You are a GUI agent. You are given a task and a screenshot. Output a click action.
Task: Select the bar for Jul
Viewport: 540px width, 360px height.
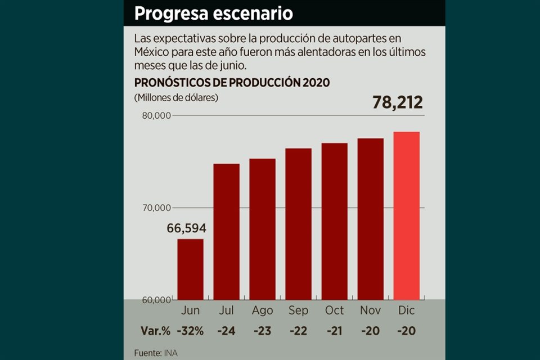point(226,231)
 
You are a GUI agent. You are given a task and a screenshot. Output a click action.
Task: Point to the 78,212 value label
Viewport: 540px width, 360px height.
point(397,103)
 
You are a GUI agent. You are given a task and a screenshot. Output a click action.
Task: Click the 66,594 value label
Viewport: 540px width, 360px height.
point(186,228)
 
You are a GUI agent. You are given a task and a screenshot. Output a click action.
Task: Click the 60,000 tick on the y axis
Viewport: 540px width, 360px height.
point(155,300)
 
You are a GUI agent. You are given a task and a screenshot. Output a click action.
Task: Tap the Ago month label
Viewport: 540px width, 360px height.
point(263,310)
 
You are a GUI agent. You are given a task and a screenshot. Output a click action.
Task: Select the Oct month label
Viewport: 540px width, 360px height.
point(334,310)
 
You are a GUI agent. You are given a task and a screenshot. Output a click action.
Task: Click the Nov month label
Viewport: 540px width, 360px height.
point(370,310)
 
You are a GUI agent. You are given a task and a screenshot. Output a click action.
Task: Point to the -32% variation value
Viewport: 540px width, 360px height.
point(191,331)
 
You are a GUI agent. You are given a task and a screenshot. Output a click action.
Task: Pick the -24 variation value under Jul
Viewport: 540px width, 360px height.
point(226,331)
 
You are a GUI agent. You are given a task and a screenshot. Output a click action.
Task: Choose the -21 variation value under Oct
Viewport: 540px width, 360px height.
point(334,331)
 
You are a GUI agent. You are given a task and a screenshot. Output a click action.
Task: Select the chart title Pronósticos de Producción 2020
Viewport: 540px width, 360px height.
point(232,82)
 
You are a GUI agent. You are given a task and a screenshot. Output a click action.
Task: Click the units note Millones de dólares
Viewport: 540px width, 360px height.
point(176,97)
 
